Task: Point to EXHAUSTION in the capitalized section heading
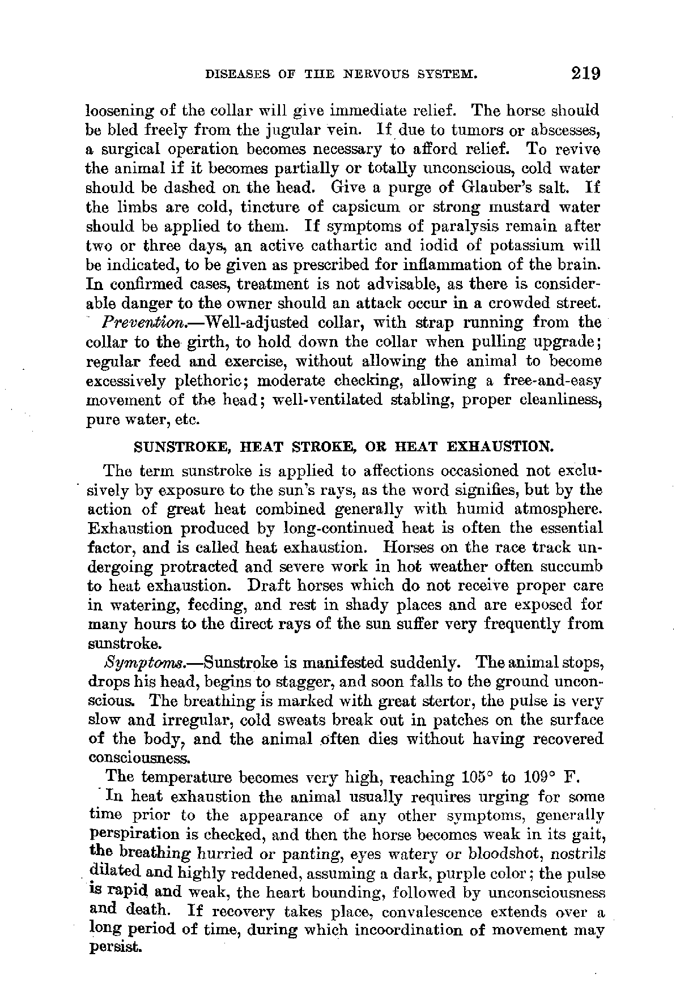pyautogui.click(x=499, y=447)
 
